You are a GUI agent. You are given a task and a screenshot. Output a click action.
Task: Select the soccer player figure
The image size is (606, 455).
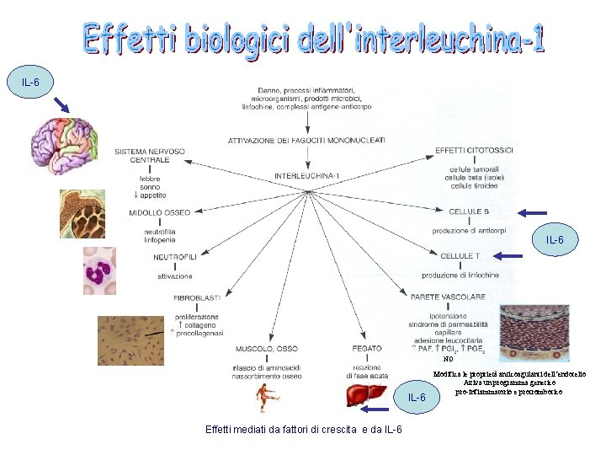tap(268, 396)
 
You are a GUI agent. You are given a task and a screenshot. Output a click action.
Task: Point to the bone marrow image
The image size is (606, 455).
tap(82, 216)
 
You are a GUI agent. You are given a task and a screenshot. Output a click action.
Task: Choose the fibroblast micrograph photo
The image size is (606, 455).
tap(125, 340)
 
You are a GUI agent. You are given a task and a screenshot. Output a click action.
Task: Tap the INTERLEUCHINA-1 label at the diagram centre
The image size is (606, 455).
tap(307, 176)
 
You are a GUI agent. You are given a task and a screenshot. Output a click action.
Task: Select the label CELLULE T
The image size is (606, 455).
tap(460, 255)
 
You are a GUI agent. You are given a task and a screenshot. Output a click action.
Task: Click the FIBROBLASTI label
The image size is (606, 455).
tap(197, 297)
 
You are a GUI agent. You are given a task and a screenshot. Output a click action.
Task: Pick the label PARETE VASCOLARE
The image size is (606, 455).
tap(449, 297)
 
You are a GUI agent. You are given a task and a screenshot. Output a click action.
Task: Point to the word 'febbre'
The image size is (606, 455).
tap(151, 179)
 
